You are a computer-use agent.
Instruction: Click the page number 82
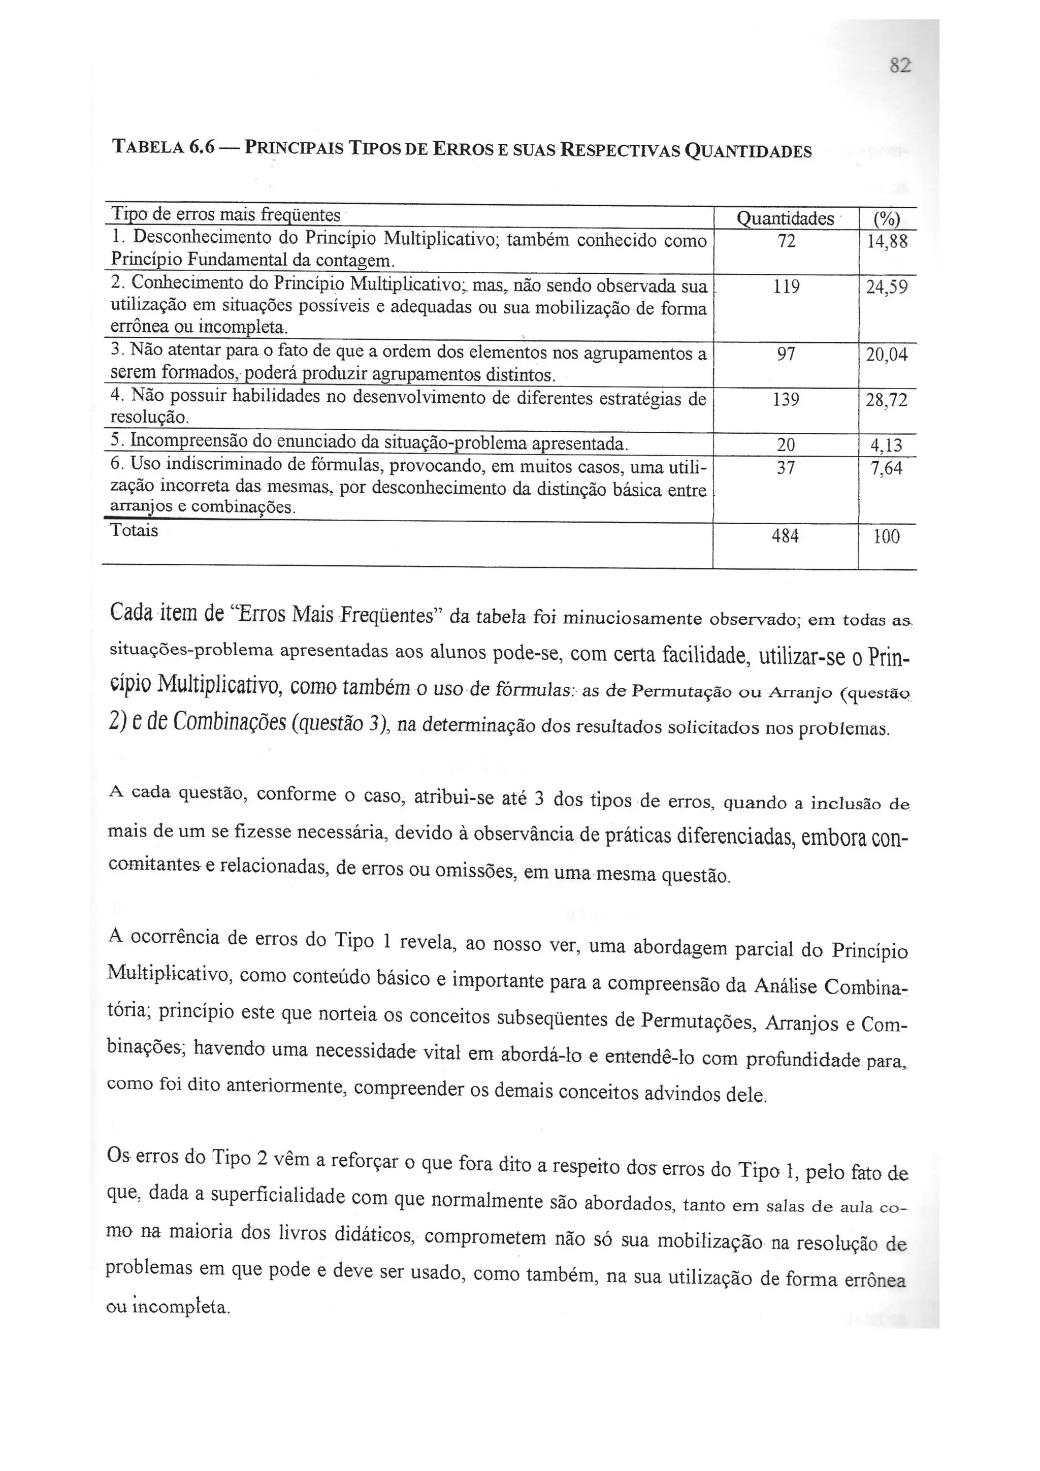(x=900, y=66)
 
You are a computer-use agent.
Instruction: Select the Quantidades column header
(x=786, y=219)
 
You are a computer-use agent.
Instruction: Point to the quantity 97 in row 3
(x=786, y=354)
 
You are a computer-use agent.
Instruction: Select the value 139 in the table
(x=786, y=400)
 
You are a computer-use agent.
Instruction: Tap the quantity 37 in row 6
(x=786, y=468)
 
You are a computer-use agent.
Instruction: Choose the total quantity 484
(x=786, y=535)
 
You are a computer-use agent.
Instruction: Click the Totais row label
(x=134, y=530)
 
